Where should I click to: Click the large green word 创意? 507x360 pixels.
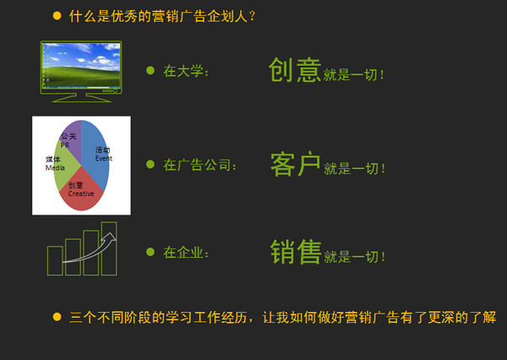pyautogui.click(x=294, y=70)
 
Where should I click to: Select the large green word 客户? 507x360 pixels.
pyautogui.click(x=294, y=164)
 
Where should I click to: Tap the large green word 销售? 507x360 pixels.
pyautogui.click(x=296, y=252)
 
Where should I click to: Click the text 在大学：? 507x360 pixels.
pyautogui.click(x=186, y=71)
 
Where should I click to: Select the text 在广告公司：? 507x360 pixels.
pyautogui.click(x=200, y=165)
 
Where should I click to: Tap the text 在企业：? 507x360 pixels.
pyautogui.click(x=186, y=253)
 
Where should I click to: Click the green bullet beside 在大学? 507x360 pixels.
pyautogui.click(x=150, y=70)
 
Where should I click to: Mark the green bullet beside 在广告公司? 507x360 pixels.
pyautogui.click(x=150, y=164)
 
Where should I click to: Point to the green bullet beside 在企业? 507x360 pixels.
pyautogui.click(x=150, y=252)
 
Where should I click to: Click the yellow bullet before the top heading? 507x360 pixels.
pyautogui.click(x=57, y=15)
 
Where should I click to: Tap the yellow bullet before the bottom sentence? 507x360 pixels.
pyautogui.click(x=57, y=317)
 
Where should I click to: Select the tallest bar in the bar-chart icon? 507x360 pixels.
pyautogui.click(x=109, y=248)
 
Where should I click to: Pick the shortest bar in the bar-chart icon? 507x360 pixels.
pyautogui.click(x=54, y=260)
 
